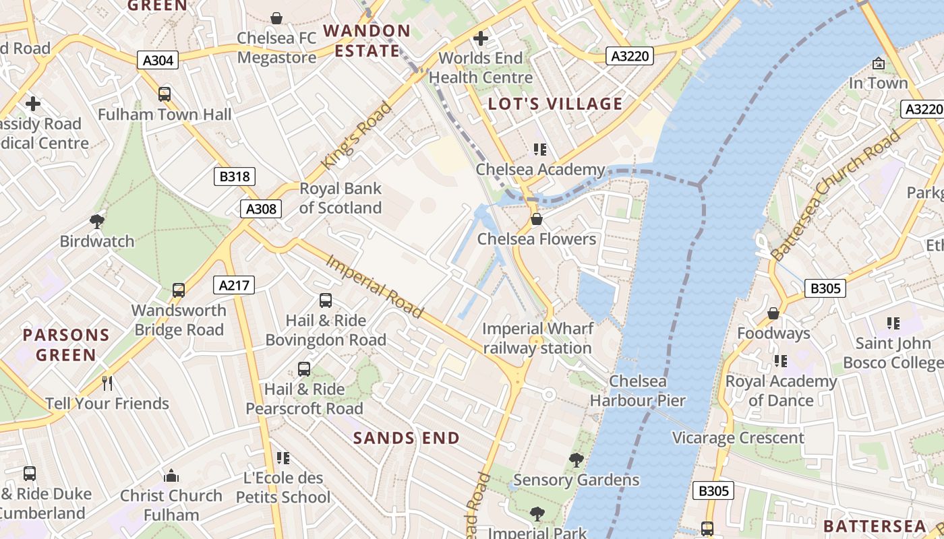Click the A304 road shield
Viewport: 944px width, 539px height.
[158, 61]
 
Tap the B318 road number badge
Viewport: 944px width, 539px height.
[235, 177]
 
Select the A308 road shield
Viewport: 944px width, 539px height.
[260, 209]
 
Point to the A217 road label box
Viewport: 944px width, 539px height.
[234, 286]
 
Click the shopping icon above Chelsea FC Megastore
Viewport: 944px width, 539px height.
[276, 18]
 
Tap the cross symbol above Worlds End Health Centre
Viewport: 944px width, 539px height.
[480, 38]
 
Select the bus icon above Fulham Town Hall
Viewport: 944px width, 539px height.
[165, 94]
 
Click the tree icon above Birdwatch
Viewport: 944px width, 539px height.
[97, 221]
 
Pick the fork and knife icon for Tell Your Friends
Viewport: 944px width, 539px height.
[107, 383]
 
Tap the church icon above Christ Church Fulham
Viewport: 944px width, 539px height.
[171, 476]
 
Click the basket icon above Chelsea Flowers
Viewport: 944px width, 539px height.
[537, 219]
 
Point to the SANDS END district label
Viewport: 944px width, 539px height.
[407, 438]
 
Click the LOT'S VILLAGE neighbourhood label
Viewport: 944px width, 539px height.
[555, 104]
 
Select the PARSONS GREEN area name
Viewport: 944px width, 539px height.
[66, 345]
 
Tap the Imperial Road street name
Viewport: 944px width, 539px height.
[375, 286]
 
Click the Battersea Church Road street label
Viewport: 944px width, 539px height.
[836, 194]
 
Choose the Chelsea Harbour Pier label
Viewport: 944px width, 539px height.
[637, 391]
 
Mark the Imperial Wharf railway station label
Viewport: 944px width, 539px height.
[537, 338]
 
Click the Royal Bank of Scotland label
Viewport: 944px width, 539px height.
[340, 198]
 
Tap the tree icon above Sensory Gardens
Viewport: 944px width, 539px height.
[576, 460]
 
